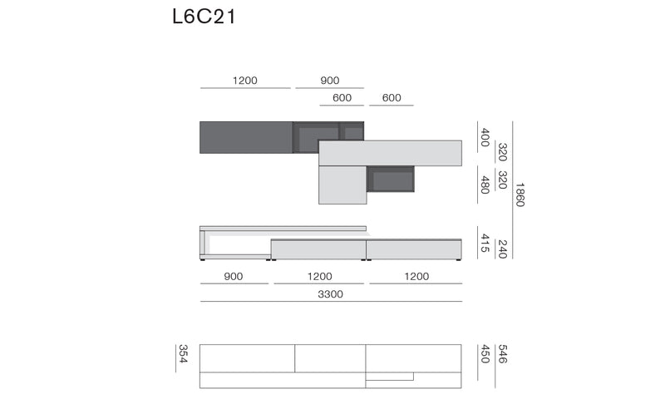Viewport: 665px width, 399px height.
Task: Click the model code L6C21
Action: (204, 17)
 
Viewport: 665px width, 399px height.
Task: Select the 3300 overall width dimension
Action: (330, 293)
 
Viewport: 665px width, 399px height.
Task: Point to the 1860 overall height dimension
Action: (520, 195)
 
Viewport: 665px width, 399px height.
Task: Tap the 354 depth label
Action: (183, 353)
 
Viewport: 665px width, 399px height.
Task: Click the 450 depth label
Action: (485, 353)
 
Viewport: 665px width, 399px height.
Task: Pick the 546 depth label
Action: (503, 353)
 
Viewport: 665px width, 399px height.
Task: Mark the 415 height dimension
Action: (485, 243)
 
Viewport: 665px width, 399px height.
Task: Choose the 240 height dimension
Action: (503, 249)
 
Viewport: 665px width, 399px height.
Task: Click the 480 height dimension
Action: (485, 185)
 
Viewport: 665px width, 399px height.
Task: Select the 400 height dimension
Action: (485, 137)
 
